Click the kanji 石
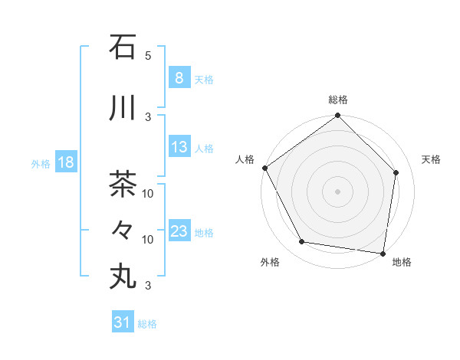click(x=123, y=47)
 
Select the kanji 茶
click(x=123, y=185)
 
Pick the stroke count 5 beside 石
click(x=148, y=56)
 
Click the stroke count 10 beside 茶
click(x=148, y=193)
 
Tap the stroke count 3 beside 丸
click(x=148, y=286)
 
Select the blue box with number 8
click(x=179, y=78)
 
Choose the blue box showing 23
click(x=179, y=231)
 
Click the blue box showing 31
click(x=122, y=322)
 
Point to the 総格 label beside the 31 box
click(x=147, y=324)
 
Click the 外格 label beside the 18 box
click(x=41, y=164)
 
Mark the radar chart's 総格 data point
click(x=337, y=116)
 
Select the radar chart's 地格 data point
click(x=383, y=253)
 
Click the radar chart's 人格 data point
click(x=264, y=168)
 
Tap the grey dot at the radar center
click(x=337, y=191)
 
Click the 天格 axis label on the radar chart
click(x=431, y=159)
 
